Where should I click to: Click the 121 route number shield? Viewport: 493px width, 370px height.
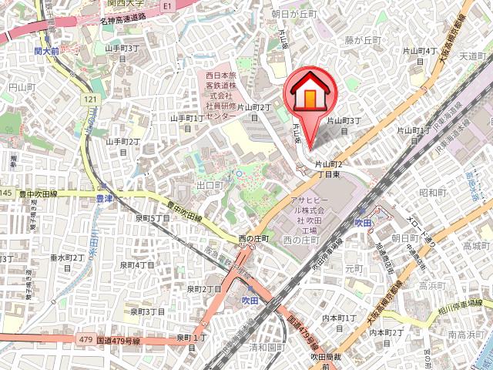click(92, 99)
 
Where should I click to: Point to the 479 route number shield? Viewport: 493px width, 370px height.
click(85, 338)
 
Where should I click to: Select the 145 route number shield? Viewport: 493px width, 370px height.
click(6, 192)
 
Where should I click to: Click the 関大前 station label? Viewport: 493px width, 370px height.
click(48, 52)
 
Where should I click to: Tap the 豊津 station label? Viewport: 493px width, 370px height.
click(104, 198)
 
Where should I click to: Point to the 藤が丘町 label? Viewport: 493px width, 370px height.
click(363, 39)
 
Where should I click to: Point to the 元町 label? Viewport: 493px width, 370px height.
click(354, 267)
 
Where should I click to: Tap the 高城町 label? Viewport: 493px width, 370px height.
click(476, 245)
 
